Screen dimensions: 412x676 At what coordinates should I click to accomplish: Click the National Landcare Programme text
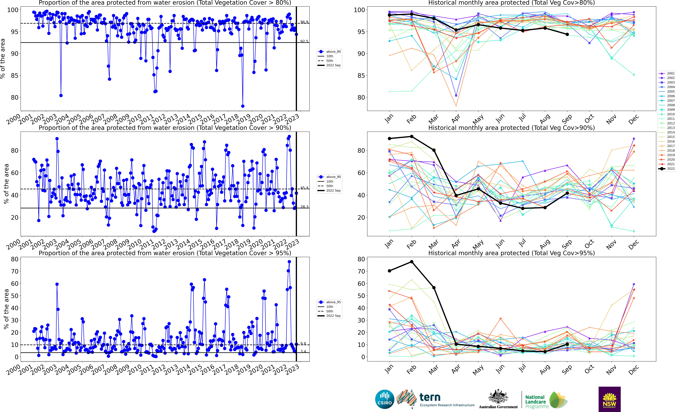[536, 402]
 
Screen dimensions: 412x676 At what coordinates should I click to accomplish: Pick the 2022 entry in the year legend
[671, 169]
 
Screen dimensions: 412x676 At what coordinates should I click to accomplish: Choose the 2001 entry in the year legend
[671, 73]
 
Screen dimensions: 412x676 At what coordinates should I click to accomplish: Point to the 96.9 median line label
[304, 22]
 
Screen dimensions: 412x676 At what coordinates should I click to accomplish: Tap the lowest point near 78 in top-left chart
[243, 106]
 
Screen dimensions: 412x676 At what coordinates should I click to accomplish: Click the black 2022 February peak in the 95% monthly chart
[412, 262]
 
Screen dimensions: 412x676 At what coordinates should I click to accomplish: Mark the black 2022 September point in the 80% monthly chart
[567, 34]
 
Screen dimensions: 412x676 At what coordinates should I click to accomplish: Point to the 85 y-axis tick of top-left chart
[15, 76]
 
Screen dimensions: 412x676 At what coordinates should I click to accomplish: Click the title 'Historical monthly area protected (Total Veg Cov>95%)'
[511, 253]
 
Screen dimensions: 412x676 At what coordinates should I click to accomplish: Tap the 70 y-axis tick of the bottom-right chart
[361, 271]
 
